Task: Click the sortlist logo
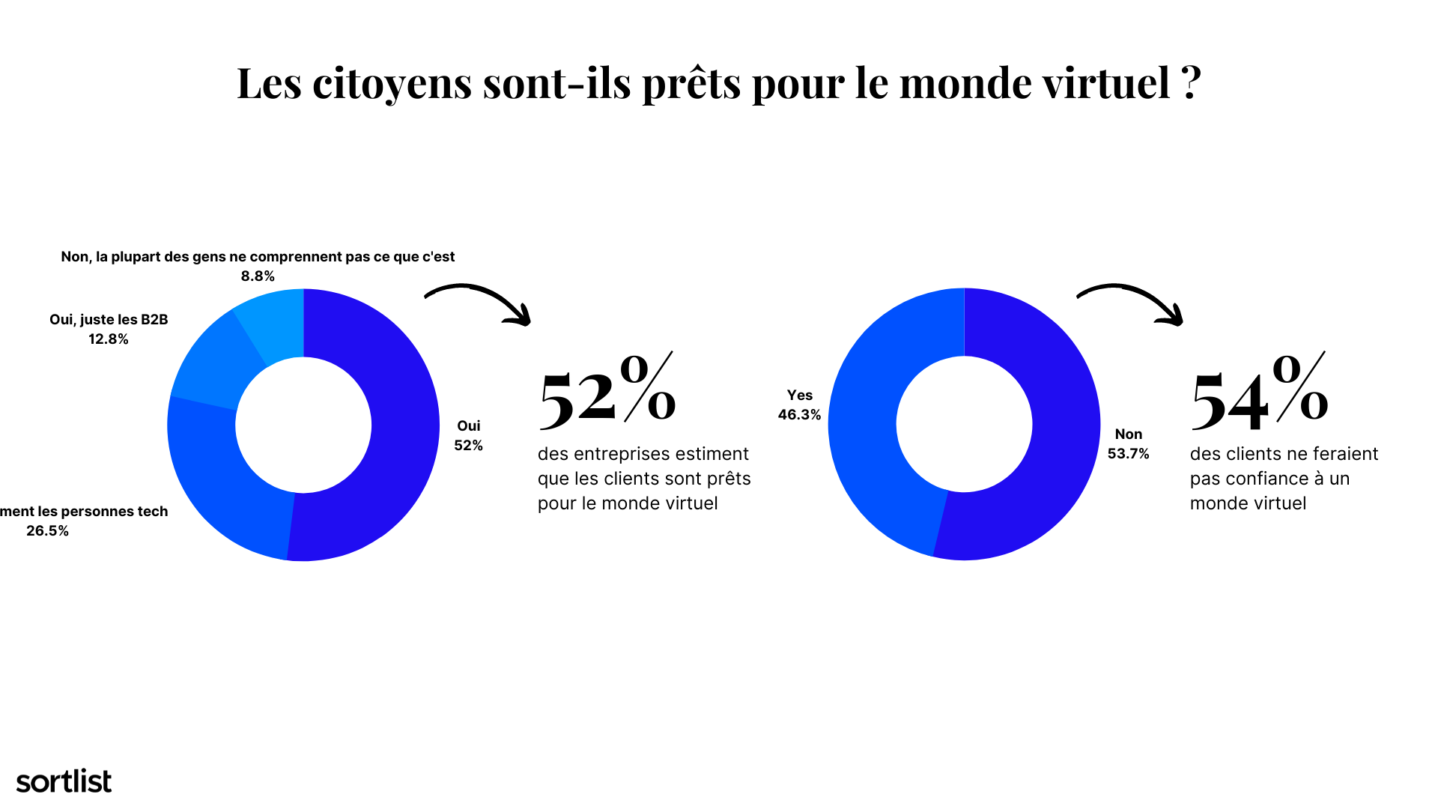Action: click(64, 781)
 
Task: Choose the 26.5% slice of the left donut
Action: click(225, 487)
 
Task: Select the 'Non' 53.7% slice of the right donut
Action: click(1049, 479)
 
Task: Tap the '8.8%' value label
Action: click(258, 276)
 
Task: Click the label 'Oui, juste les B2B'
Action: click(109, 320)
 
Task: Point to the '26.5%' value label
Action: click(47, 531)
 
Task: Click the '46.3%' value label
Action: click(799, 415)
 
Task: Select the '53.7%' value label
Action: click(1128, 454)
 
